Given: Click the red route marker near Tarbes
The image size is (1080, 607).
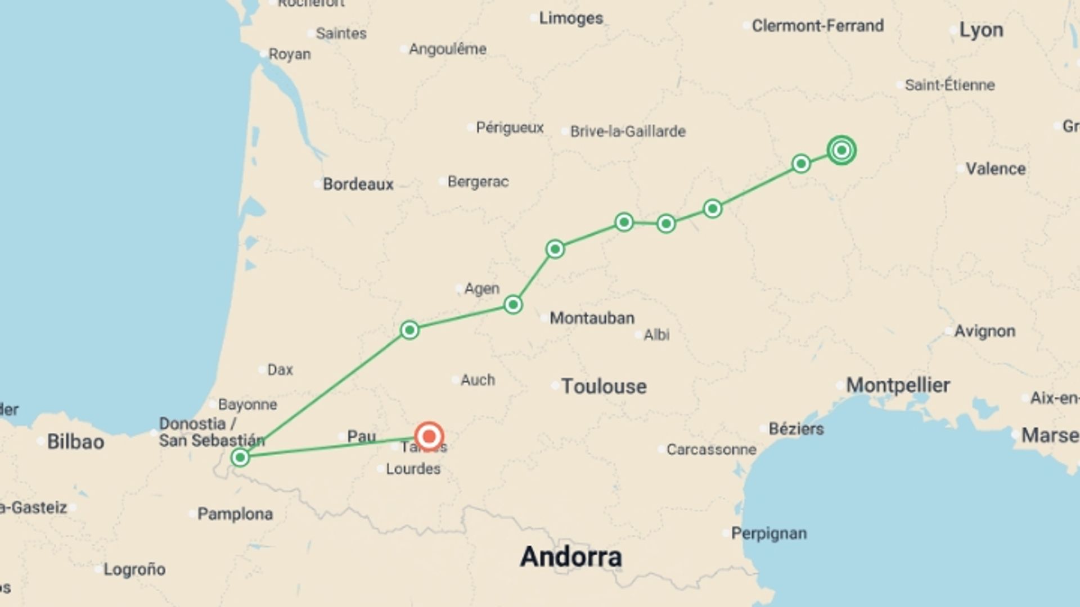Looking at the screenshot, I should coord(429,436).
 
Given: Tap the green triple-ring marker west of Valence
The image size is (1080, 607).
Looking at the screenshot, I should coord(841,150).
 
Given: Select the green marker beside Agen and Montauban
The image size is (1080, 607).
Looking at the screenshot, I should coord(512,305).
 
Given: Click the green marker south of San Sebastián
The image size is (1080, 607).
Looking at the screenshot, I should coord(240,457).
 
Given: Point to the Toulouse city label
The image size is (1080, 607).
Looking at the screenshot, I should coord(604,387).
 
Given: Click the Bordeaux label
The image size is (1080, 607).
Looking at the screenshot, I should coord(358,184).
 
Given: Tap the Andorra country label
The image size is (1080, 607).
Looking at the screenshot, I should coord(571,556).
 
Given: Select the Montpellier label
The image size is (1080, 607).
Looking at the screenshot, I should coord(898,386).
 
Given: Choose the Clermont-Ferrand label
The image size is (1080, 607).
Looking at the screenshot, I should coord(817,26).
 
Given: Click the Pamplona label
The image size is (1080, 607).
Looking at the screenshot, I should coord(235,514).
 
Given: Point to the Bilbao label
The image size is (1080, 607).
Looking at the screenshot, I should coord(75,442).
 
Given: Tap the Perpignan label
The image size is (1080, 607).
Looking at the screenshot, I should coord(768,533).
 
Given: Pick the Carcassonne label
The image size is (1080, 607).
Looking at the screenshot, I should coord(711,450).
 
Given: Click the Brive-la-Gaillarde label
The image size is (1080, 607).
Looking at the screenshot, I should coord(628,132).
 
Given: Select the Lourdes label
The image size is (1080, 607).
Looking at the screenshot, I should coord(413,469).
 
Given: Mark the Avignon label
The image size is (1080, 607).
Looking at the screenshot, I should coord(984,331).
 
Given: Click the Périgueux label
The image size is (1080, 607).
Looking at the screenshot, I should coord(510,128).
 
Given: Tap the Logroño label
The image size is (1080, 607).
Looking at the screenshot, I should coord(134,569).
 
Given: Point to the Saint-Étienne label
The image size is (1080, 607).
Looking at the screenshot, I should coord(949,85).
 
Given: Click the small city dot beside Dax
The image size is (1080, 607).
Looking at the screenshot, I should coord(262,369).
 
